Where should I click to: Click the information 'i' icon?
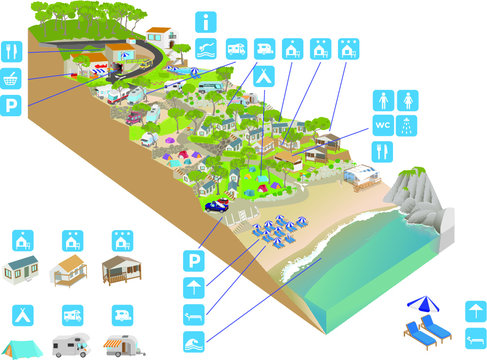pos(206,20)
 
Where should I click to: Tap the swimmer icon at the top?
pos(206,47)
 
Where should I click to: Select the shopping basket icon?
pos(12,77)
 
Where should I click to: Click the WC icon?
pos(383,126)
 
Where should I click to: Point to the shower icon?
pos(408,126)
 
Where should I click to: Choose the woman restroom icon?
pos(408,101)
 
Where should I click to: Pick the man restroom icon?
pos(383,101)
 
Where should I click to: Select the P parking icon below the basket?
pos(12,105)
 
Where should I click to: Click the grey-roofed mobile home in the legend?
pos(25,270)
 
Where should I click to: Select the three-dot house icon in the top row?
pos(351,47)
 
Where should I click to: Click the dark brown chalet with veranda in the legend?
pos(122,270)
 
